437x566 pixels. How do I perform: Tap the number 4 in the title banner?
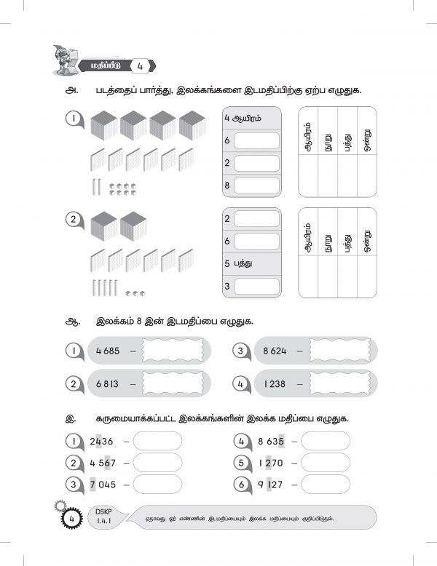click(138, 66)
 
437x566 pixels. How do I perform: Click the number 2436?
click(103, 441)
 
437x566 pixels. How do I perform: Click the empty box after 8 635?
click(326, 441)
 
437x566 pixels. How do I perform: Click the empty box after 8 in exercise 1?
click(256, 186)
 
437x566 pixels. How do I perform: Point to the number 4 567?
click(103, 463)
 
